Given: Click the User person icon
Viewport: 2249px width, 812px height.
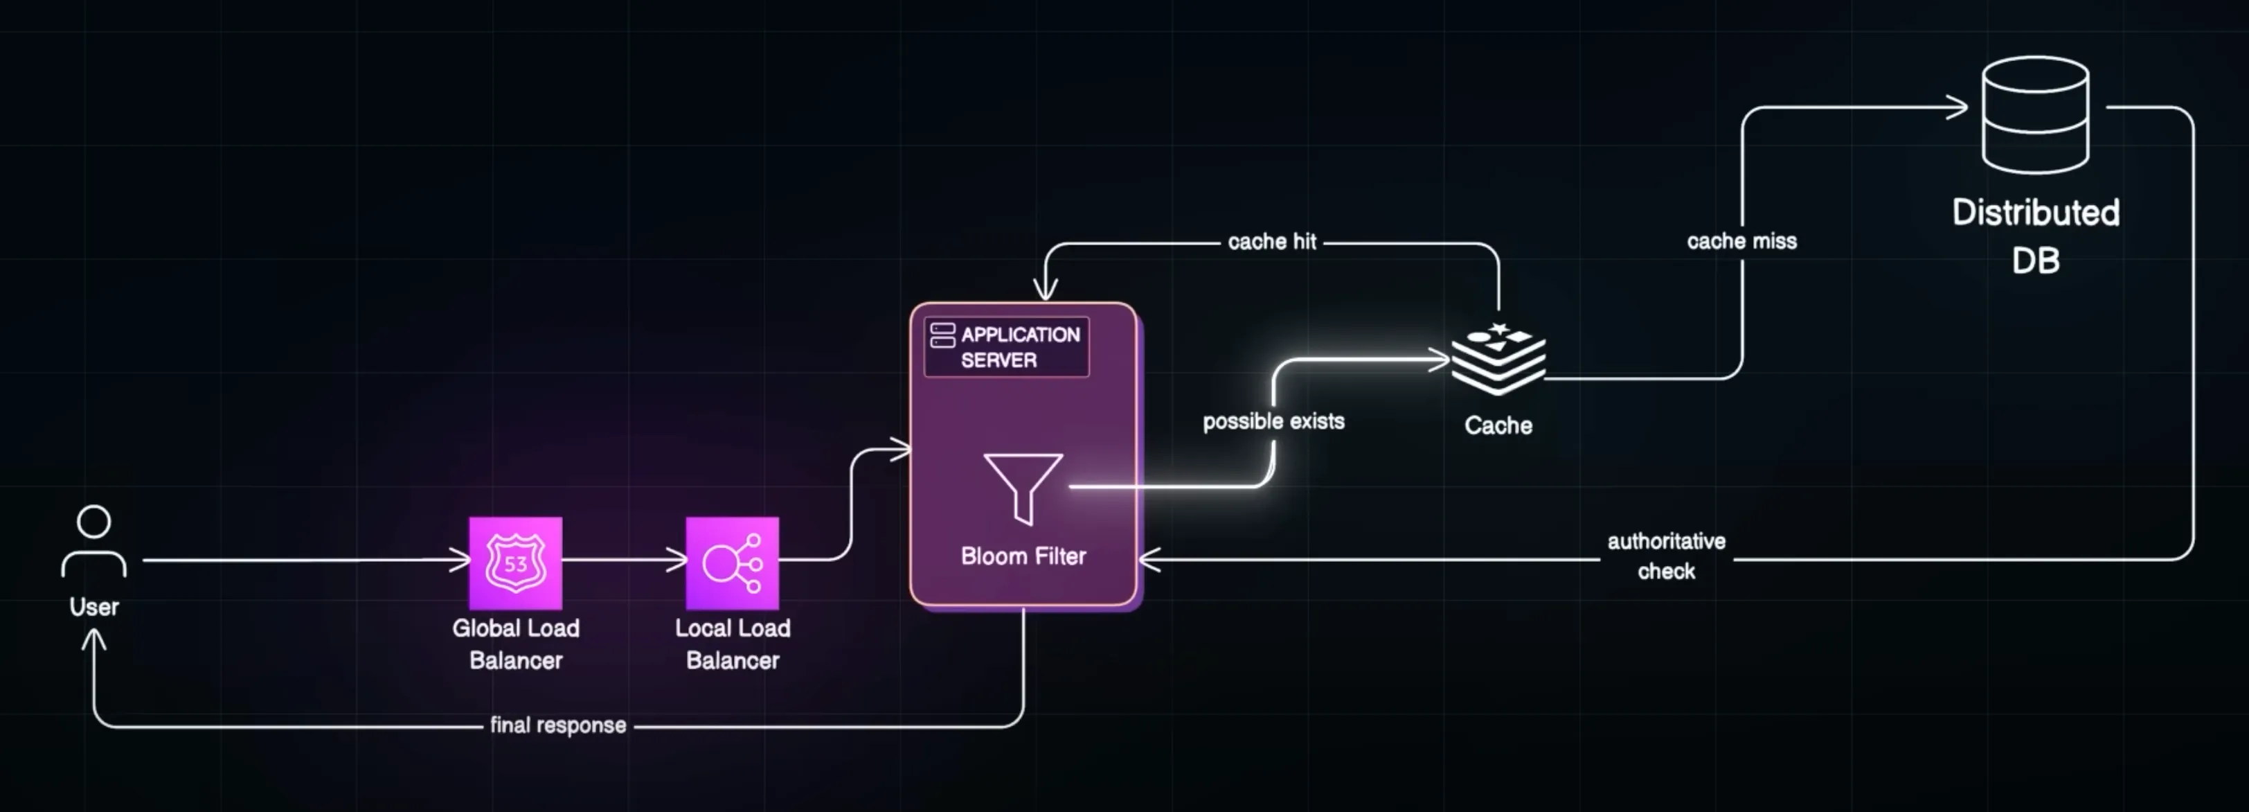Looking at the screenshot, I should tap(94, 541).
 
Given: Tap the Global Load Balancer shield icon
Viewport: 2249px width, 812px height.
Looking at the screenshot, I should tap(515, 563).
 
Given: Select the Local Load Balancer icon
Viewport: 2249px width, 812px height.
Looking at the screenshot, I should tap(732, 563).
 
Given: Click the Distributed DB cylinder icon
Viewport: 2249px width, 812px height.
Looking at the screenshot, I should tap(2035, 114).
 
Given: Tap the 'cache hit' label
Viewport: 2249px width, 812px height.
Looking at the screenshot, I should tap(1271, 242).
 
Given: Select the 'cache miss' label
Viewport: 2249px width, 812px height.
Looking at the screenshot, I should tap(1741, 241).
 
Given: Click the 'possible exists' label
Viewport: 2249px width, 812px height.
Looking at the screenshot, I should tap(1273, 422).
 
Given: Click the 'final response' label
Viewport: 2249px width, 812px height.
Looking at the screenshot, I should tap(558, 725).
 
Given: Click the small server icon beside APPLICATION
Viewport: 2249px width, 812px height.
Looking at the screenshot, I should tap(942, 335).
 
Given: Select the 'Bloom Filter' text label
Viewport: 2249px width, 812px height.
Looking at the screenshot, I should tap(1023, 556).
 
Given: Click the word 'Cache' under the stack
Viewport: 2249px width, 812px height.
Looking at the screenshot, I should tap(1498, 426).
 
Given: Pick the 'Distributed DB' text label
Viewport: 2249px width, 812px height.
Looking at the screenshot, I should tap(2035, 236).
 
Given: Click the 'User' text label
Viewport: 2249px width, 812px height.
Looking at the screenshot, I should tap(94, 607).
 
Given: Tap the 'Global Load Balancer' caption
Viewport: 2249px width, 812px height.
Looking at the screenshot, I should tap(515, 644).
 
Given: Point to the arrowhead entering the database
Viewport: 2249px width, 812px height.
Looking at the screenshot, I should tap(1959, 107).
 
